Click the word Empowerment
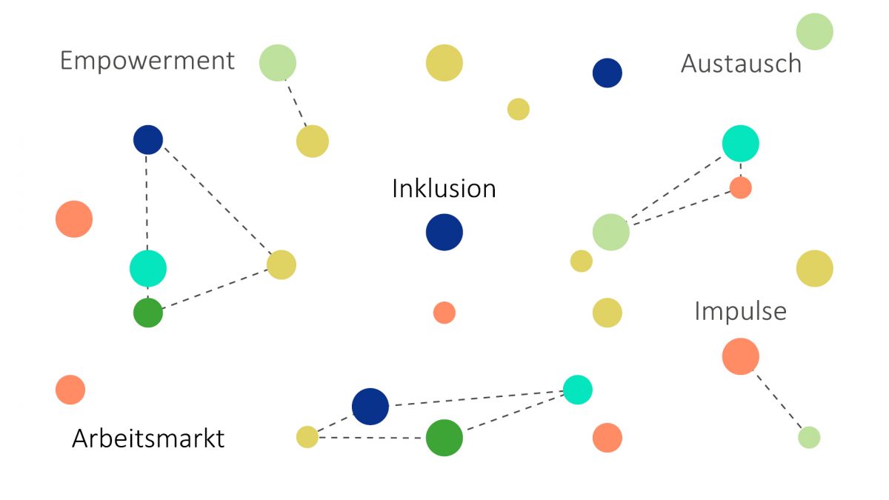pyautogui.click(x=147, y=61)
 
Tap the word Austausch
pyautogui.click(x=741, y=64)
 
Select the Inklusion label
pyautogui.click(x=444, y=188)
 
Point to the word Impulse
pyautogui.click(x=740, y=311)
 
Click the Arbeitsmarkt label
pyautogui.click(x=148, y=439)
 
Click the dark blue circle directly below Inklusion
pyautogui.click(x=444, y=233)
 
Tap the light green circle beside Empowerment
pyautogui.click(x=278, y=63)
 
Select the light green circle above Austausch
pyautogui.click(x=814, y=32)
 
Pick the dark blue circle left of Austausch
pyautogui.click(x=607, y=73)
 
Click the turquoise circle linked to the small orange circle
pyautogui.click(x=740, y=144)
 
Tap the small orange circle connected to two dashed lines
pyautogui.click(x=740, y=187)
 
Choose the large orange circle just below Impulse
pyautogui.click(x=740, y=356)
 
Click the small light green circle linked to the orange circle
pyautogui.click(x=809, y=438)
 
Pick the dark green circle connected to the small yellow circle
pyautogui.click(x=444, y=438)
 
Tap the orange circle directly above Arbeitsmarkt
pyautogui.click(x=70, y=390)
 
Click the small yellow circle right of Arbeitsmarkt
pyautogui.click(x=307, y=437)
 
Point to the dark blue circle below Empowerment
pyautogui.click(x=148, y=139)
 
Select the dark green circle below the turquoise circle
pyautogui.click(x=148, y=313)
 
